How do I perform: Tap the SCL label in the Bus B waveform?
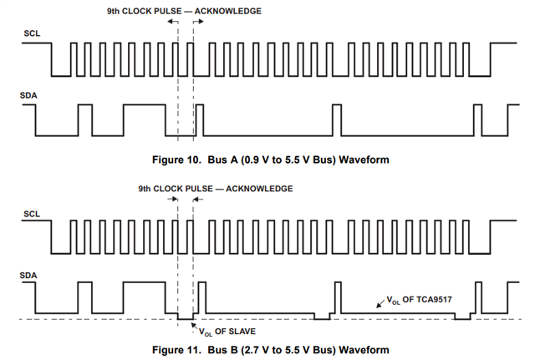31,214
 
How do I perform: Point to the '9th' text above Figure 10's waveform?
115,11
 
